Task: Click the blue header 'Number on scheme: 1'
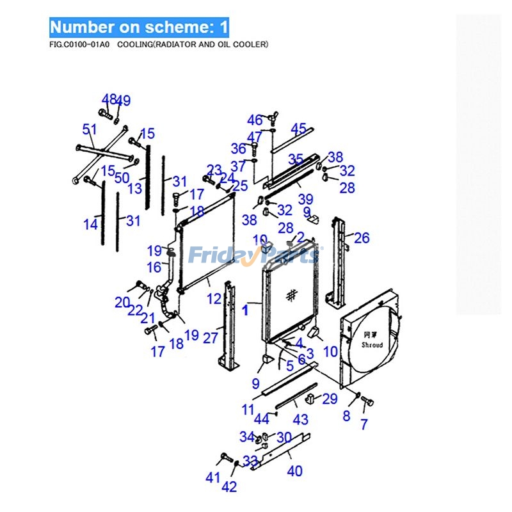click(139, 27)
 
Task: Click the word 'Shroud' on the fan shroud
click(372, 345)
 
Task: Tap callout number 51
click(90, 130)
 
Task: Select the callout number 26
click(362, 238)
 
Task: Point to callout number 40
click(294, 471)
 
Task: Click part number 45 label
click(299, 129)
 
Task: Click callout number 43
click(300, 420)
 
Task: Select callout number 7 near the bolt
click(364, 424)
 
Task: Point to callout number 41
click(212, 477)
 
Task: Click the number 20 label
click(122, 302)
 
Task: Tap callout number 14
click(90, 224)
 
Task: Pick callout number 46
click(255, 120)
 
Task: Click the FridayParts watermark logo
click(254, 255)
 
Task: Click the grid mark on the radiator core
click(292, 295)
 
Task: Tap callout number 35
click(295, 158)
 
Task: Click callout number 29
click(329, 399)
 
